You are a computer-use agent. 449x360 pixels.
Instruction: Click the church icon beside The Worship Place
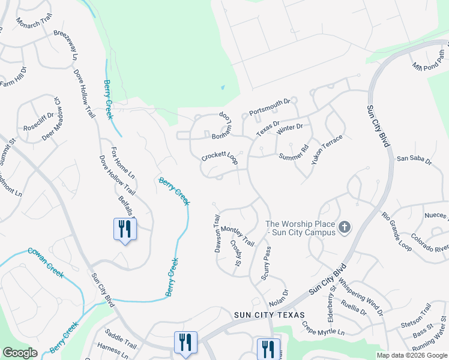pyautogui.click(x=345, y=227)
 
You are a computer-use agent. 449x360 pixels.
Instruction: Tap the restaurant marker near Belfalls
pyautogui.click(x=125, y=229)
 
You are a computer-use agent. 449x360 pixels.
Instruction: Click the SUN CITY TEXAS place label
pyautogui.click(x=270, y=314)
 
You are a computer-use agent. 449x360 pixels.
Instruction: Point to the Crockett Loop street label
pyautogui.click(x=220, y=158)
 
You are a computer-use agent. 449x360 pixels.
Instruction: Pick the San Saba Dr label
pyautogui.click(x=414, y=160)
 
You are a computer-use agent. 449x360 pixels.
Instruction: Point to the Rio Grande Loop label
pyautogui.click(x=397, y=230)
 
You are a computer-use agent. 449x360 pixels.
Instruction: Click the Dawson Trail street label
pyautogui.click(x=218, y=234)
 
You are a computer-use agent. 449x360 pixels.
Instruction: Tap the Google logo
pyautogui.click(x=20, y=353)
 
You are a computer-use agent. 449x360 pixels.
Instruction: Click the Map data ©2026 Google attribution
pyautogui.click(x=411, y=355)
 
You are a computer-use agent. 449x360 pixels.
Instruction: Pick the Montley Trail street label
pyautogui.click(x=238, y=236)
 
